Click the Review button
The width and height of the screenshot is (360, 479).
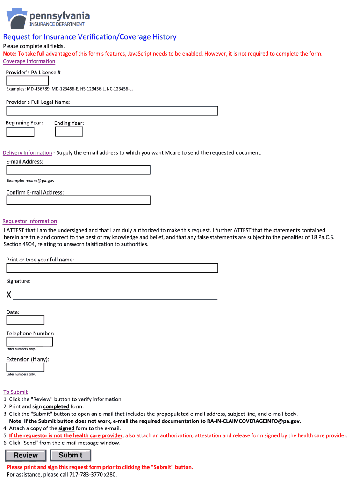pos(26,455)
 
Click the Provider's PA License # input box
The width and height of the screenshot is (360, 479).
pos(27,81)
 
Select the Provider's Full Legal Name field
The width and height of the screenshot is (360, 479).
pos(112,110)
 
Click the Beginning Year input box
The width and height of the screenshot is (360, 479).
pos(20,132)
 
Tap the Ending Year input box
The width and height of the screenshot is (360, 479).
pos(69,132)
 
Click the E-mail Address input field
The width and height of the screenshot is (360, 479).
pos(78,170)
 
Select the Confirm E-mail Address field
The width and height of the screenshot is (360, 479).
pos(78,200)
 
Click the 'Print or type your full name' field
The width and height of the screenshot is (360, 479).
pos(112,268)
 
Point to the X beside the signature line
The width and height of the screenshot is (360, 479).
pos(9,295)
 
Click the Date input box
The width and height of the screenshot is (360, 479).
pos(25,320)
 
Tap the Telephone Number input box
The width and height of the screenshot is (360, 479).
pos(29,342)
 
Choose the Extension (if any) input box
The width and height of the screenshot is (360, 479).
pos(25,367)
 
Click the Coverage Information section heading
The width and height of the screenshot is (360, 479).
pos(29,61)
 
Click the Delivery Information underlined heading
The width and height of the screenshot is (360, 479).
pos(28,153)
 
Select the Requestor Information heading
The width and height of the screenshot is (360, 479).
pos(30,221)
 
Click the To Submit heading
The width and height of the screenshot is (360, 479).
pos(15,392)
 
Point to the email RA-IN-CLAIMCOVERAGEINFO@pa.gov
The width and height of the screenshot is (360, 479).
pos(254,421)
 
